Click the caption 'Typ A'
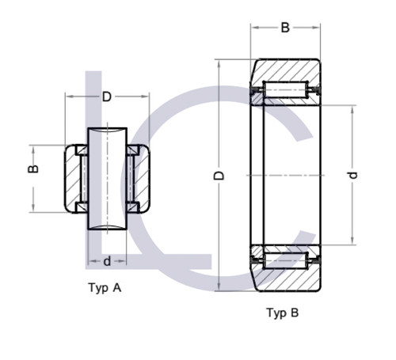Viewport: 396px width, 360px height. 105,288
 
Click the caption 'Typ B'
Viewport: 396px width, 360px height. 283,313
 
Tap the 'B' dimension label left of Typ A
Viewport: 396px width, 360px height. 34,168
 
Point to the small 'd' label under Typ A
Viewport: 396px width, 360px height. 106,260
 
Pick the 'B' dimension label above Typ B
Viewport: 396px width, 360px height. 285,28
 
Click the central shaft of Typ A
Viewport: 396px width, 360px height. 107,178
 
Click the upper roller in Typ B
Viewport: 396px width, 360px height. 285,93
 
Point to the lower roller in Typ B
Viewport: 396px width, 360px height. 285,258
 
